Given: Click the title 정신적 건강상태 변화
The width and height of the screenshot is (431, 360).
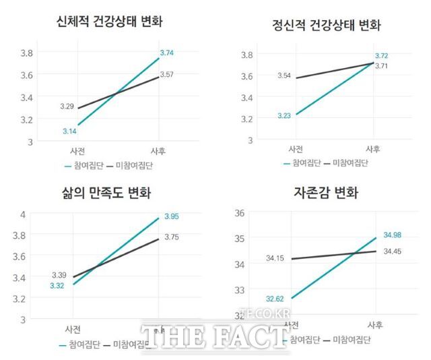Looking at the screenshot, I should click(326, 26).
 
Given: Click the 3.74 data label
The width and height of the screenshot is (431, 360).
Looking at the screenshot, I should click(168, 52).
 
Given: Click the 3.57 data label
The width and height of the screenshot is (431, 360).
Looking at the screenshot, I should click(167, 75).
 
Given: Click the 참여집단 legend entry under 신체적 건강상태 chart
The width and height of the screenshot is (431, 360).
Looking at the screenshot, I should click(84, 165).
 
